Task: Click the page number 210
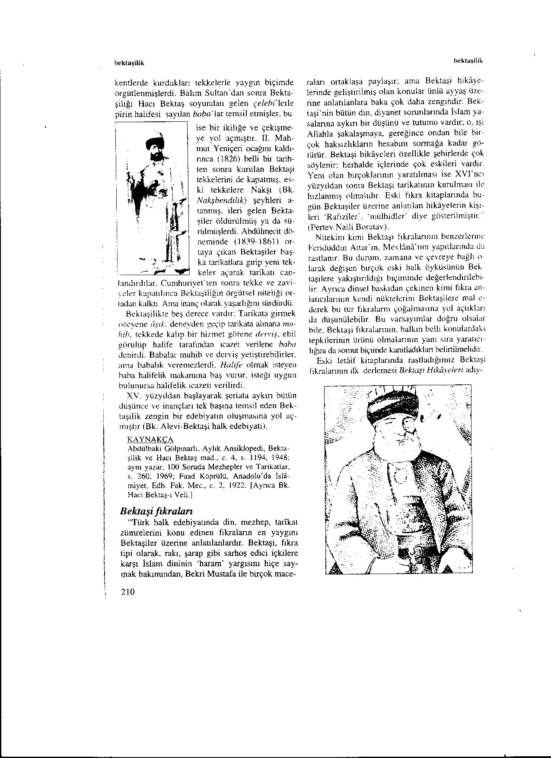pos(129,591)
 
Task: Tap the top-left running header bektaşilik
pos(128,63)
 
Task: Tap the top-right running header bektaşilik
pos(468,61)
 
